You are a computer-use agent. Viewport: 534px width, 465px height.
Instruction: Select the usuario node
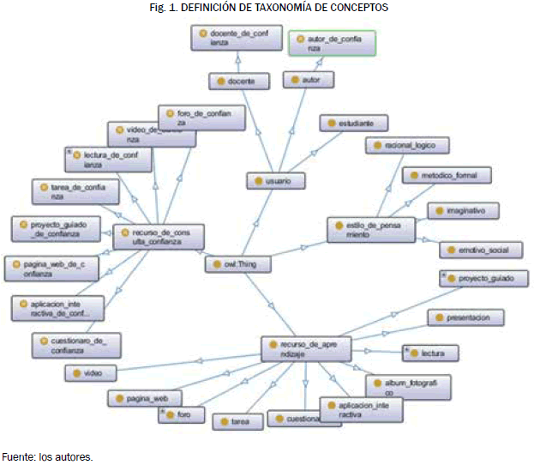click(x=276, y=181)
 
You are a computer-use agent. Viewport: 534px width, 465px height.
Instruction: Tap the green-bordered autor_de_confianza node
click(x=331, y=44)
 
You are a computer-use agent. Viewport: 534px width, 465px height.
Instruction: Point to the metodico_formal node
click(x=447, y=176)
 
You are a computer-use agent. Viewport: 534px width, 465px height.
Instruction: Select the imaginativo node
click(x=461, y=210)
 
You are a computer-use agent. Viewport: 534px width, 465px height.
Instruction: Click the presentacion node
click(x=465, y=317)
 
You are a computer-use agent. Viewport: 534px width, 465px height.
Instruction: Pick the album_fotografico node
click(x=396, y=386)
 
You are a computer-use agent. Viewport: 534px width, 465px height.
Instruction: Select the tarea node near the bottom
click(x=236, y=421)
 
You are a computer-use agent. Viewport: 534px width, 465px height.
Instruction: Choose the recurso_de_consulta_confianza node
click(x=159, y=237)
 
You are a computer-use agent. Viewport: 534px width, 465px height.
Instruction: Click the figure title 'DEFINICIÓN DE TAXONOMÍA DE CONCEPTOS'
click(x=267, y=8)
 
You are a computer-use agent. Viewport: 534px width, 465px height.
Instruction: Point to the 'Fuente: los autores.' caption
click(x=46, y=456)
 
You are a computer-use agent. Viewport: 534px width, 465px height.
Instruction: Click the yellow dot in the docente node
click(x=219, y=82)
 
